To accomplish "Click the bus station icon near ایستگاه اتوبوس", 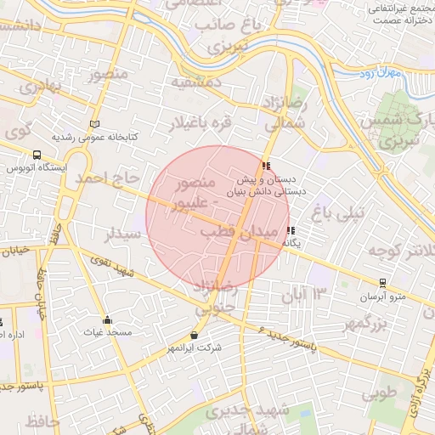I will [x=37, y=155].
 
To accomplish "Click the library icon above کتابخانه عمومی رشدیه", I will [x=93, y=124].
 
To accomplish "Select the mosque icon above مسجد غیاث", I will [x=107, y=320].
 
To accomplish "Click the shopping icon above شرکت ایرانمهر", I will [x=195, y=336].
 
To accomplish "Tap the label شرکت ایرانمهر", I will [x=195, y=347].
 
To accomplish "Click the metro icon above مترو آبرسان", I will [x=383, y=284].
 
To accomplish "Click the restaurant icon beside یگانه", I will [x=291, y=230].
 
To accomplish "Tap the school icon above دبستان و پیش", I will [x=267, y=166].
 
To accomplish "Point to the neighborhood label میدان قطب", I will [x=240, y=231].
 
